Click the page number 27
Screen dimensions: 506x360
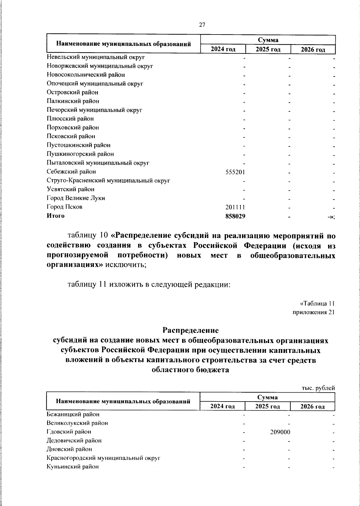(202, 25)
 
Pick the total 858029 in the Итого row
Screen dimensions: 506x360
(235, 216)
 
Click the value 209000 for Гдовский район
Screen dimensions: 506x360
(280, 432)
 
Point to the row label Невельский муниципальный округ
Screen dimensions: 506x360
(96, 57)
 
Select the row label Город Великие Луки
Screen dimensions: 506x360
(76, 198)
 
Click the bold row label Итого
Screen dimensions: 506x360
(55, 215)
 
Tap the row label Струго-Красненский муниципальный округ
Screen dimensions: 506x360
(108, 181)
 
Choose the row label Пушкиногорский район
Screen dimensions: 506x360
(80, 154)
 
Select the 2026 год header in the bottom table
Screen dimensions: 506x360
(313, 407)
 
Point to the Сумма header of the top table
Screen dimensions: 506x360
(268, 40)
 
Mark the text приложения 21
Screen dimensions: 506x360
(313, 312)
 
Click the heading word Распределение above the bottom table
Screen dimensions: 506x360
(190, 330)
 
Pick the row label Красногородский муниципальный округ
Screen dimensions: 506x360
(103, 458)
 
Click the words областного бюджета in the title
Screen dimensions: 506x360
(190, 370)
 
